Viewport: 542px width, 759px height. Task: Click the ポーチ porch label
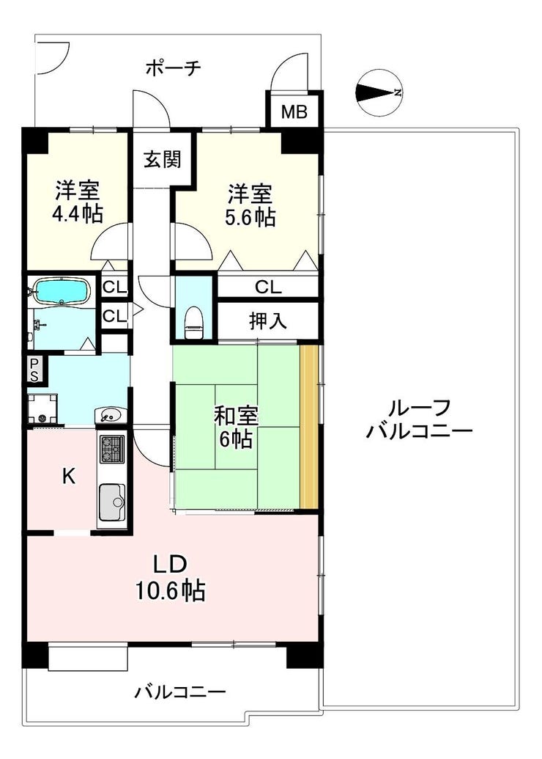click(x=174, y=67)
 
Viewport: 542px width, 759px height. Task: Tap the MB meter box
click(x=294, y=111)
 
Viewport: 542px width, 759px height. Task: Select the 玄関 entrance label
click(x=162, y=159)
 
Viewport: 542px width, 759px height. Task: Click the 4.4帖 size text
click(x=78, y=213)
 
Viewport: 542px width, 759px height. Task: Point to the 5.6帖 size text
click(x=250, y=217)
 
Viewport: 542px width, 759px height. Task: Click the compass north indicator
click(x=379, y=92)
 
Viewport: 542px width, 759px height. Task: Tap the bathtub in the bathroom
click(x=62, y=290)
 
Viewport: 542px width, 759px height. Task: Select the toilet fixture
click(x=194, y=322)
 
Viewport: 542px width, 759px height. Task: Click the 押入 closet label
click(x=267, y=320)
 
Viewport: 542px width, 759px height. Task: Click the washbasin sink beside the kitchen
click(x=111, y=415)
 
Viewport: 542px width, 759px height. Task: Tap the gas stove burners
click(x=111, y=449)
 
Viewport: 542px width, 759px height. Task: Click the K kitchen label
click(x=69, y=477)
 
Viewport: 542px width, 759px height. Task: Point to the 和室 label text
click(x=236, y=416)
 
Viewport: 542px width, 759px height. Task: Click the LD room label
click(x=170, y=565)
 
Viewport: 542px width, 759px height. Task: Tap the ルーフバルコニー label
click(x=419, y=418)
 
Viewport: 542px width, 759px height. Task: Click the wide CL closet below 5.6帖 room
click(x=267, y=287)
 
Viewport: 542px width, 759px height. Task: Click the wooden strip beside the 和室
click(x=309, y=426)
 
